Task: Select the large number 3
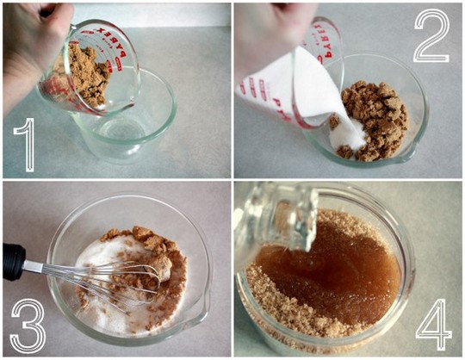28,325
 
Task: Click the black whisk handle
15,262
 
